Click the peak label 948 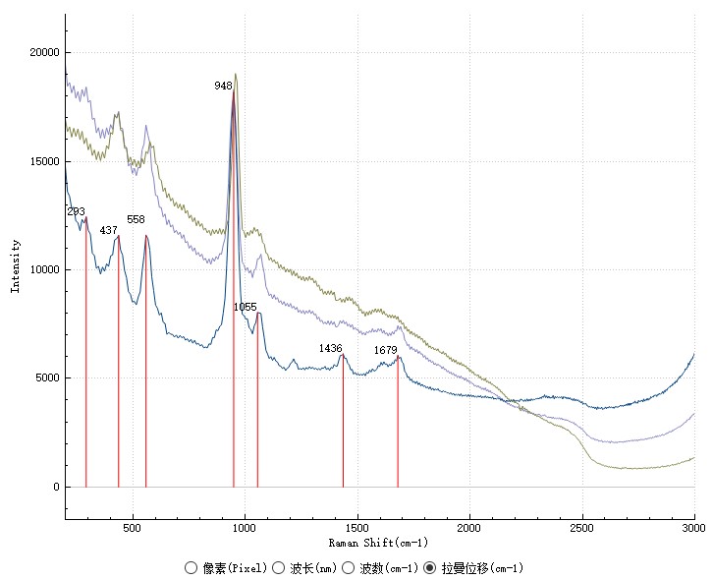[224, 87]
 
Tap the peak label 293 [77, 211]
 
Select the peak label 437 [109, 230]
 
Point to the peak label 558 [136, 219]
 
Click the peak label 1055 [245, 308]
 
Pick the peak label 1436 [330, 348]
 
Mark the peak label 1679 [385, 350]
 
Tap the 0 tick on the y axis [55, 488]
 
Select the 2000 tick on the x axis [469, 530]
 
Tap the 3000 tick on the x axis [692, 530]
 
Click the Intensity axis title [16, 265]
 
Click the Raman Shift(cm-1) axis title [379, 543]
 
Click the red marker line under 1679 [398, 433]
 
